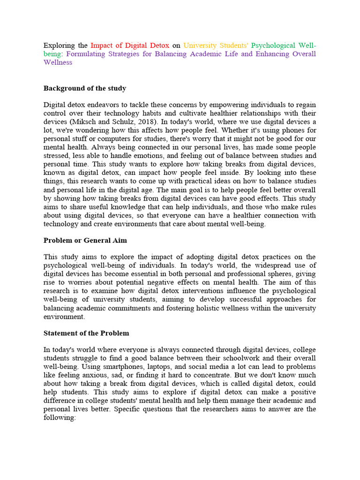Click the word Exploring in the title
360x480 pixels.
(60, 45)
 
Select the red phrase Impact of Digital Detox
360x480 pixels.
(129, 45)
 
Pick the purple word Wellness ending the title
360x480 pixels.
(58, 62)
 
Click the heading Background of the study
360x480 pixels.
(85, 88)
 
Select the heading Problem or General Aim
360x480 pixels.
(85, 240)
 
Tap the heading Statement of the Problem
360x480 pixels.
(86, 333)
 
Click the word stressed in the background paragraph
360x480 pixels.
(57, 156)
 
